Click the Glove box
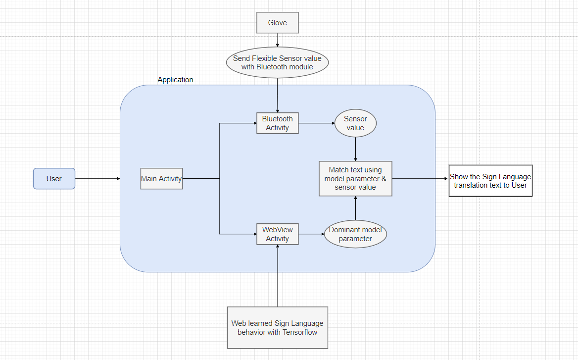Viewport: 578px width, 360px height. pos(277,23)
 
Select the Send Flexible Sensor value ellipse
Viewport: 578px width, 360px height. pos(277,62)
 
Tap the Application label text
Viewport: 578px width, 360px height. pos(175,80)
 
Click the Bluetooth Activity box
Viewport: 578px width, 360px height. pos(277,123)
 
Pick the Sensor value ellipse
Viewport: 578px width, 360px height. pos(355,123)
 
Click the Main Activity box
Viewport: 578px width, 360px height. pos(161,179)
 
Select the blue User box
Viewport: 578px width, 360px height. pos(54,179)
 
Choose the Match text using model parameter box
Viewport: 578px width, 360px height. pos(355,179)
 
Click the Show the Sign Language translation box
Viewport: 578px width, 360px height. pos(490,181)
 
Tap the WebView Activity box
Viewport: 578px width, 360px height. pos(277,234)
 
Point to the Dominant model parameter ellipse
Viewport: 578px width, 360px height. pos(355,234)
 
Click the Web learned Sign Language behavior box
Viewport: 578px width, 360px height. pos(277,328)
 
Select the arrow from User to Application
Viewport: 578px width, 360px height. pos(97,179)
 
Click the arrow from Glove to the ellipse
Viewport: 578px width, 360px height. pos(278,40)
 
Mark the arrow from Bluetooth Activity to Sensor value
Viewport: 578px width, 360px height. pos(317,123)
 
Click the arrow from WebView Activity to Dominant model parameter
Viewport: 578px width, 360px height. pos(311,234)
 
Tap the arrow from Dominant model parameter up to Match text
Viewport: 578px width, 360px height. pos(355,208)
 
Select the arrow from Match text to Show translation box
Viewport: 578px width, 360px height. pos(420,179)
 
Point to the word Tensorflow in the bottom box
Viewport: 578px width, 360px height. pos(300,332)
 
